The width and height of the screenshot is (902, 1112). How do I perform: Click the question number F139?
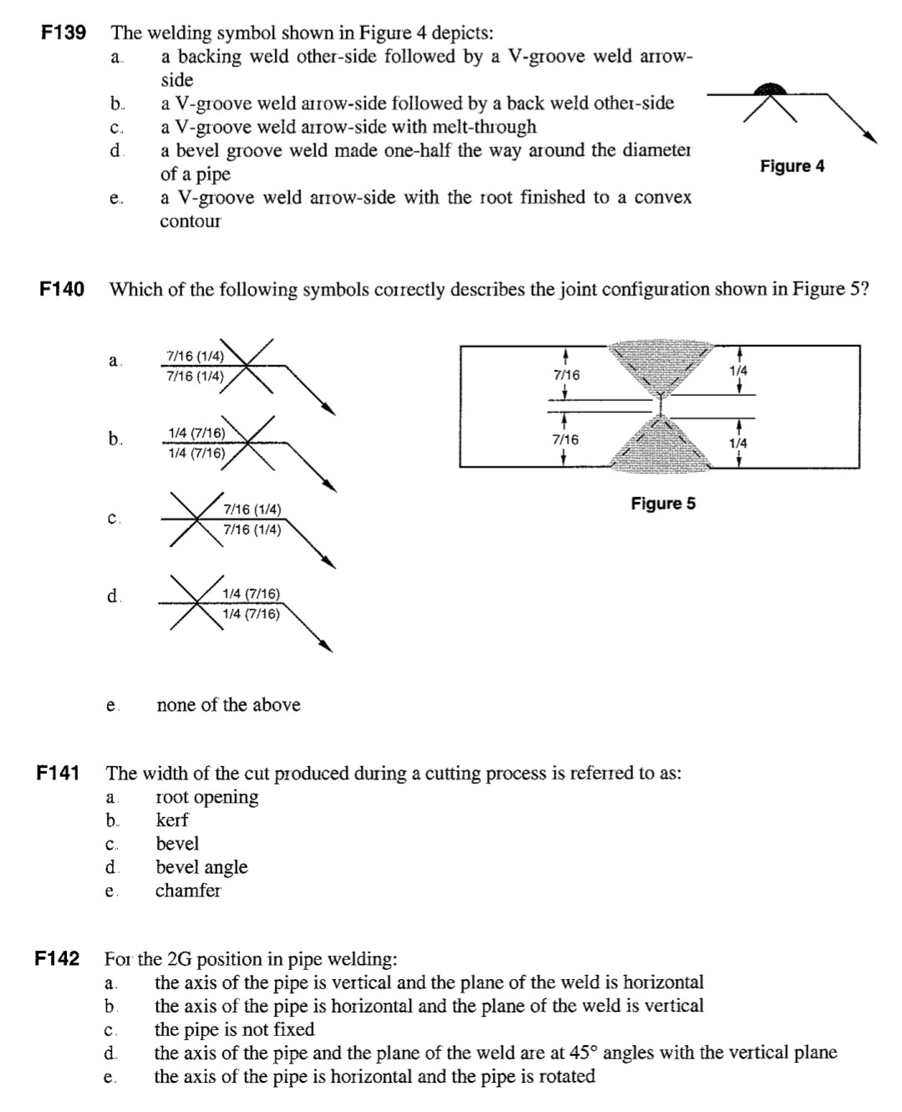pyautogui.click(x=63, y=33)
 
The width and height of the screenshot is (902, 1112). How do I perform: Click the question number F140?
pyautogui.click(x=62, y=289)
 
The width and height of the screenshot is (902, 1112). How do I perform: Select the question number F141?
pyautogui.click(x=58, y=773)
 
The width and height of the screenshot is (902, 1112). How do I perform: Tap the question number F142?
pyautogui.click(x=58, y=958)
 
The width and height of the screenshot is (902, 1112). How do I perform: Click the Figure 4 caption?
pyautogui.click(x=792, y=166)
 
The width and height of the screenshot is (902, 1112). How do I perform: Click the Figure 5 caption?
pyautogui.click(x=663, y=503)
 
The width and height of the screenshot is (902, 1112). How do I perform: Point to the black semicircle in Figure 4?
pyautogui.click(x=769, y=89)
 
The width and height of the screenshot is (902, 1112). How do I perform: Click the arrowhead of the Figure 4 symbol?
pyautogui.click(x=871, y=137)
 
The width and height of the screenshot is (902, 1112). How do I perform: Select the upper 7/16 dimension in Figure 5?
pyautogui.click(x=566, y=375)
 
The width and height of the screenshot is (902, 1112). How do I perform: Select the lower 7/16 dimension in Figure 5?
pyautogui.click(x=566, y=439)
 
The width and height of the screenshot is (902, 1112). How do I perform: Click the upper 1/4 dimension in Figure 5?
pyautogui.click(x=738, y=371)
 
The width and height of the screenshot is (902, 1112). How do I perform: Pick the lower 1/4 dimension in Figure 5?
pyautogui.click(x=738, y=444)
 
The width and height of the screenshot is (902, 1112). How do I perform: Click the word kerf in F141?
pyautogui.click(x=172, y=820)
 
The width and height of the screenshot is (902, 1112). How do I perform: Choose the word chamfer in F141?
pyautogui.click(x=188, y=890)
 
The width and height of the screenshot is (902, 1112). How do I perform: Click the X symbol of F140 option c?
pyautogui.click(x=196, y=519)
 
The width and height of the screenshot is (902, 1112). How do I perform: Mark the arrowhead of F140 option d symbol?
pyautogui.click(x=326, y=646)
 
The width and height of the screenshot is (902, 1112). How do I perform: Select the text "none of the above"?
pyautogui.click(x=229, y=705)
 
